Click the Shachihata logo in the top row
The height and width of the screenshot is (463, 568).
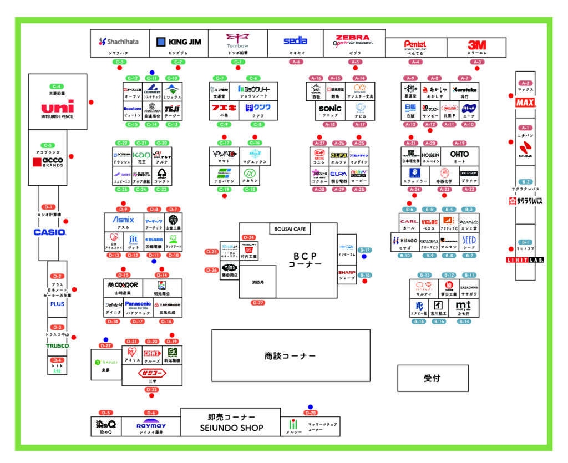(x=119, y=42)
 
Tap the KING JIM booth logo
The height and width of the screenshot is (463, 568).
(x=179, y=42)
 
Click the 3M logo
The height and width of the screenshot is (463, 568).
(x=476, y=44)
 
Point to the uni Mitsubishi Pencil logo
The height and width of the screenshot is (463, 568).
(x=57, y=108)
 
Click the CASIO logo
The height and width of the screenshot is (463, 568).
(x=50, y=232)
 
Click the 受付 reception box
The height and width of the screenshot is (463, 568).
(x=432, y=378)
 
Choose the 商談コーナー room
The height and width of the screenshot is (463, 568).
(x=290, y=355)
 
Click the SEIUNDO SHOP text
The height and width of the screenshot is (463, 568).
(x=231, y=428)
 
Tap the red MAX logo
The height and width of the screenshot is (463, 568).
(x=525, y=103)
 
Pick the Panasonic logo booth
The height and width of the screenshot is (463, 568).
(x=138, y=305)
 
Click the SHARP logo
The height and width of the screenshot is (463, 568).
(x=347, y=273)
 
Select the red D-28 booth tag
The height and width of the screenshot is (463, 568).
(x=310, y=413)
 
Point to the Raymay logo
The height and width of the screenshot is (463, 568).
(x=151, y=426)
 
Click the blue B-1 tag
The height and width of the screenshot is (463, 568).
(x=525, y=242)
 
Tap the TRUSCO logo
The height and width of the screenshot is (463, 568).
(x=57, y=346)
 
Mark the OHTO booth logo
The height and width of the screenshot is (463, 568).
(x=459, y=155)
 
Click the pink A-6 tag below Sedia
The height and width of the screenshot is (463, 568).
(x=296, y=62)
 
